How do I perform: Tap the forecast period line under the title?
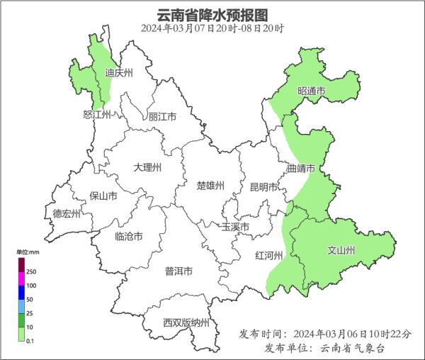pos(212,29)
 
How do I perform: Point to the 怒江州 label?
pos(97,114)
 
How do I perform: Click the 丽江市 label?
pos(162,116)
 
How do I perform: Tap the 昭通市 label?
pos(311,91)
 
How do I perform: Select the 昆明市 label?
pos(263,187)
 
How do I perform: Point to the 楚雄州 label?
pos(210,186)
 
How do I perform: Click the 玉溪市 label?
pos(235,227)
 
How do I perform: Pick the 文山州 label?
pos(341,250)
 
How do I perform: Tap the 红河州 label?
pos(268,256)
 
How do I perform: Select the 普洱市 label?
pos(178,271)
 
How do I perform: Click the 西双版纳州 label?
pos(186,323)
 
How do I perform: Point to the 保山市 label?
pos(103,196)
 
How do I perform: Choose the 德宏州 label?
pos(67,213)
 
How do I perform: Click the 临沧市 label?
pos(128,236)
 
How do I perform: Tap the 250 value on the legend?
pos(31,271)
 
